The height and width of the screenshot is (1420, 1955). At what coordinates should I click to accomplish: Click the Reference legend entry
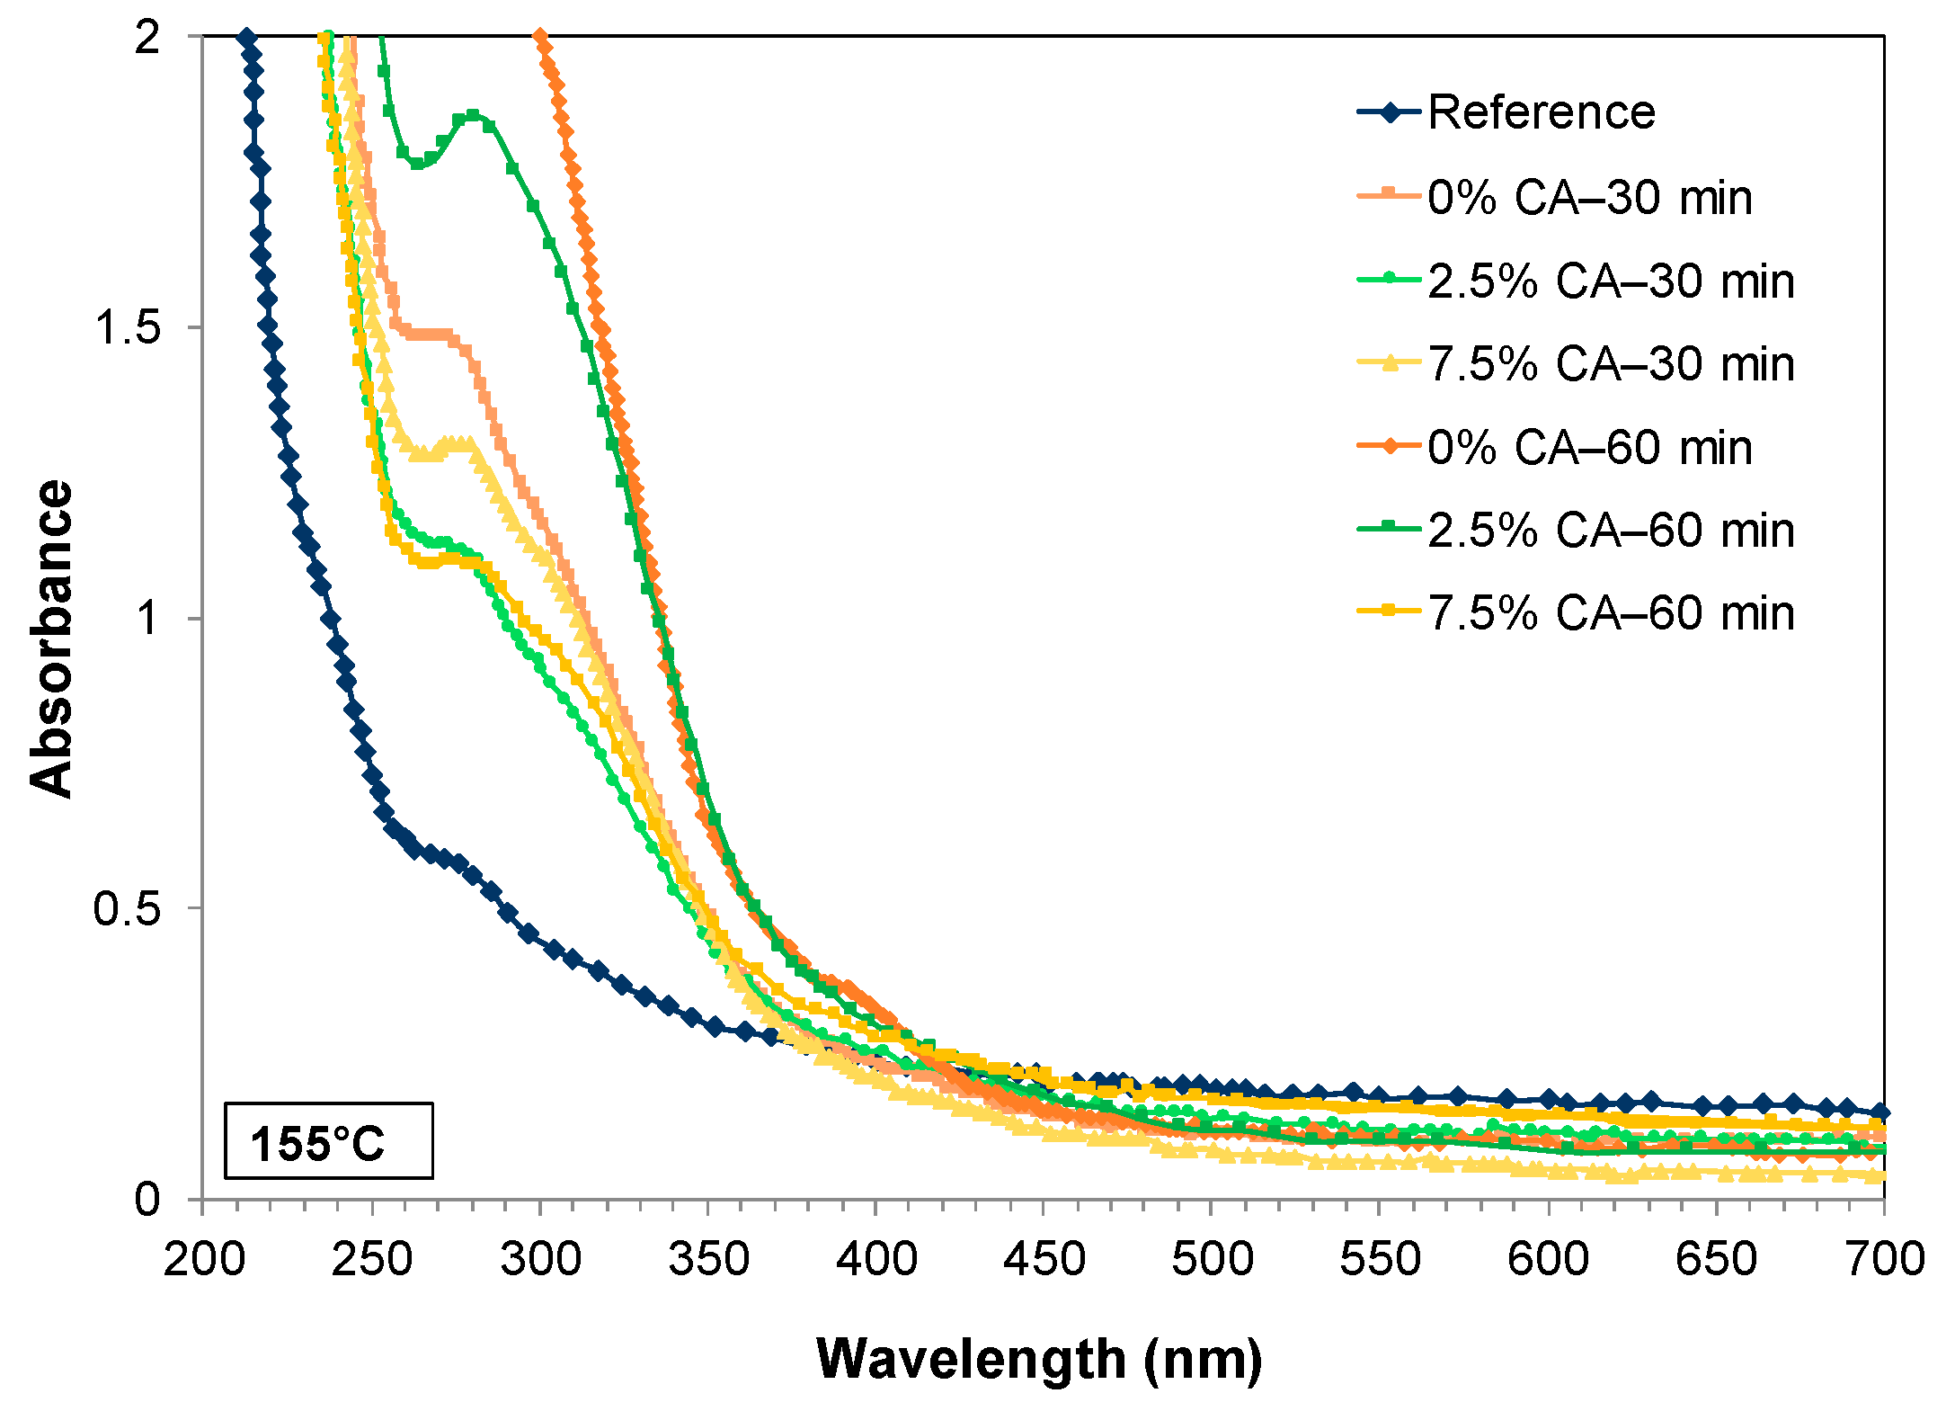click(1540, 113)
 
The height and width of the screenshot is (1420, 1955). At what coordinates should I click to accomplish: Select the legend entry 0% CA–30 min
click(1588, 198)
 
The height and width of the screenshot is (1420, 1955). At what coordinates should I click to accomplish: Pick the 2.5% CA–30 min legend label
click(1610, 281)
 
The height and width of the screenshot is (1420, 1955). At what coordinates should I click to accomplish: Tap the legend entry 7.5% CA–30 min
click(1610, 364)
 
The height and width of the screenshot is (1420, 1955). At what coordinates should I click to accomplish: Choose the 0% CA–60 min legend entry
click(1588, 448)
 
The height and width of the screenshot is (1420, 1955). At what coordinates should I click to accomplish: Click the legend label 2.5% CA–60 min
click(1610, 531)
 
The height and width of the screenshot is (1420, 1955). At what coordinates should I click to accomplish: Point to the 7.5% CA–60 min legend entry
click(1610, 613)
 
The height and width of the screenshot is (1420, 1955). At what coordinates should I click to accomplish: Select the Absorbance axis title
click(51, 639)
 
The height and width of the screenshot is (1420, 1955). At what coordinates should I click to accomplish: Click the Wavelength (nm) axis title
click(1038, 1359)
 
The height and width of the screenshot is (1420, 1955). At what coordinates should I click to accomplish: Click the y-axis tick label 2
click(147, 38)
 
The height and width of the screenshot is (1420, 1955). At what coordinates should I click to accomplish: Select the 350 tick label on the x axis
click(708, 1258)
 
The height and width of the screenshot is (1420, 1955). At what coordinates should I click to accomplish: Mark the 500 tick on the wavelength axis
click(1212, 1258)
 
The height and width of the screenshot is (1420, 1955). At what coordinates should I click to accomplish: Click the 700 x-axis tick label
click(1884, 1258)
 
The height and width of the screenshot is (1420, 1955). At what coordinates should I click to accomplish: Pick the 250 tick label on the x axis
click(371, 1258)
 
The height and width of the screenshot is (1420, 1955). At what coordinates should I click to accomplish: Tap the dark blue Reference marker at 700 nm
click(1881, 1112)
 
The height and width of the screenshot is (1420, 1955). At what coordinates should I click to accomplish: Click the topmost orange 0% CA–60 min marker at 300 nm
click(539, 38)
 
